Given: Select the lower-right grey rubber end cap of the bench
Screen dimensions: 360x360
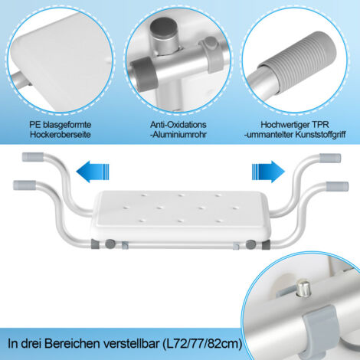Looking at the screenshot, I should pos(338,185).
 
